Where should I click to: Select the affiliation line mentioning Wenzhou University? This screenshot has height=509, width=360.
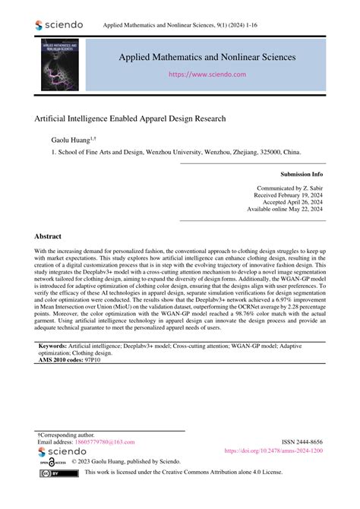pyautogui.click(x=175, y=151)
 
